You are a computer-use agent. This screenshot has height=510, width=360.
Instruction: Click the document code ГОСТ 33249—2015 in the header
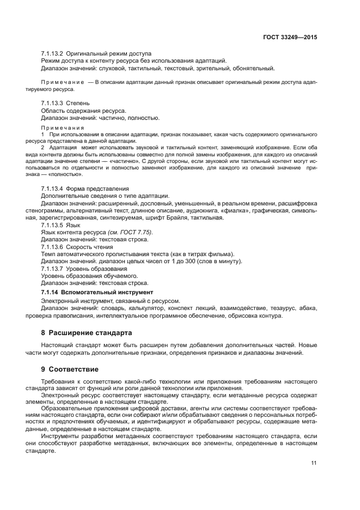290,38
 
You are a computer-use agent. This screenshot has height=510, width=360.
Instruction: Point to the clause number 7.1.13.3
52,103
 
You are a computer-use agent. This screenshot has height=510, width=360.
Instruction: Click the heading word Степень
79,103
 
